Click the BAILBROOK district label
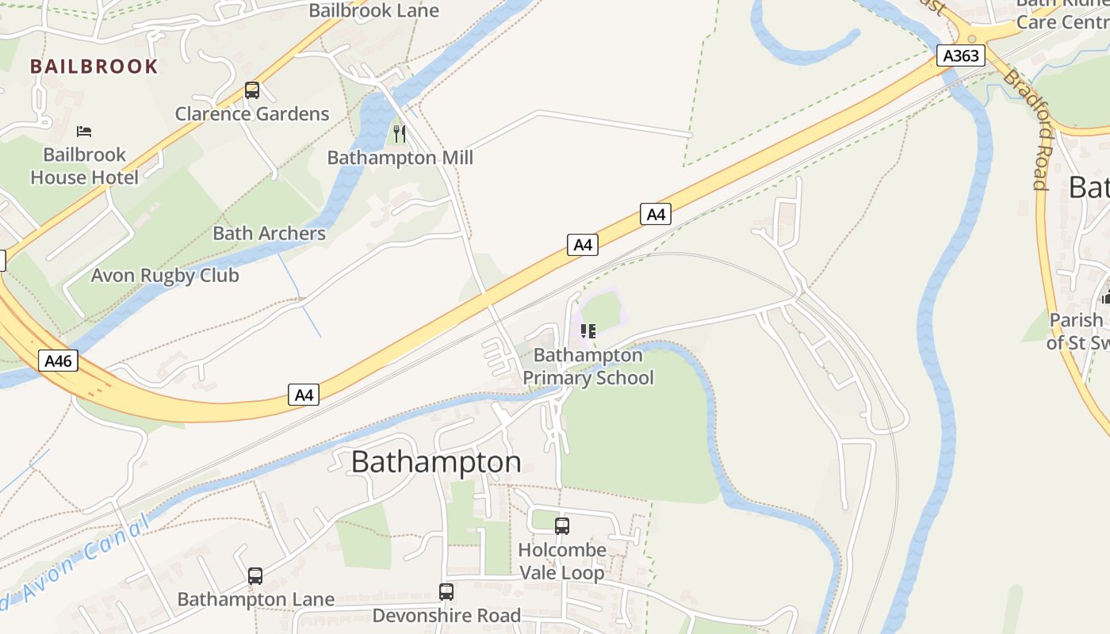94,66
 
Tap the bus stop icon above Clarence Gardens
252,90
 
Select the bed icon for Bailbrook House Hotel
84,131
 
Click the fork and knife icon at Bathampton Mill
400,134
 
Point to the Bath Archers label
269,233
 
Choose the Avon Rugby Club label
165,276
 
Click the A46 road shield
58,361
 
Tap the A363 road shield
961,55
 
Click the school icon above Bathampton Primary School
588,331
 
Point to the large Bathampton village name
436,462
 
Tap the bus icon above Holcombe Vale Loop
562,525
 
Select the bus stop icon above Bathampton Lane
255,576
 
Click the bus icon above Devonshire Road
446,592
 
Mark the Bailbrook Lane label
373,10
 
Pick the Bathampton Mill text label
400,158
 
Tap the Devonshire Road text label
446,616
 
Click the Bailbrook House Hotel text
84,166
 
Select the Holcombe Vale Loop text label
561,561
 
